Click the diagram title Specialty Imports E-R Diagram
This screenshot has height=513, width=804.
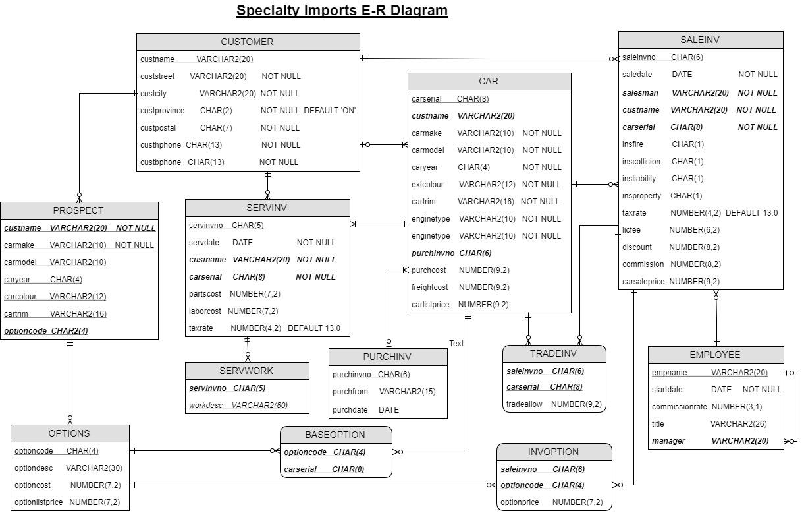pyautogui.click(x=342, y=11)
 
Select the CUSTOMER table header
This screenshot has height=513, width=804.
pyautogui.click(x=248, y=42)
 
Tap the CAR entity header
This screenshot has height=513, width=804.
pyautogui.click(x=489, y=81)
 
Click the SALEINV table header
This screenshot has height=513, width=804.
pyautogui.click(x=700, y=40)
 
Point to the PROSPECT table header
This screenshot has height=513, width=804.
pyautogui.click(x=78, y=210)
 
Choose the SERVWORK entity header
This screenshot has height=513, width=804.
pyautogui.click(x=246, y=371)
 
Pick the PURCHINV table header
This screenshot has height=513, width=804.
pyautogui.click(x=387, y=357)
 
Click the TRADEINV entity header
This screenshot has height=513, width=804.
pyautogui.click(x=554, y=353)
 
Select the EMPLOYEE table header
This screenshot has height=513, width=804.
pyautogui.click(x=715, y=355)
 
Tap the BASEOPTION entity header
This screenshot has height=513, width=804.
pyautogui.click(x=335, y=435)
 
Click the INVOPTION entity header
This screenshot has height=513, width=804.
pyautogui.click(x=554, y=452)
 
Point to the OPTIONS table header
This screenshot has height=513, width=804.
pyautogui.click(x=69, y=433)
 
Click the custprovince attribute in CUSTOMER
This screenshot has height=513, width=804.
pyautogui.click(x=163, y=111)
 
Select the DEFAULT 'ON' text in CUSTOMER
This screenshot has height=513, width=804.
pyautogui.click(x=330, y=111)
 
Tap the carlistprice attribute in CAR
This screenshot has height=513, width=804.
pyautogui.click(x=431, y=305)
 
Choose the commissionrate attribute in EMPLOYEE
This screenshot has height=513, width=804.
pyautogui.click(x=679, y=407)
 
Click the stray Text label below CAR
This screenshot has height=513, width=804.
pyautogui.click(x=456, y=344)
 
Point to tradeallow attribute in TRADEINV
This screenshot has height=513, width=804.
pyautogui.click(x=524, y=404)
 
